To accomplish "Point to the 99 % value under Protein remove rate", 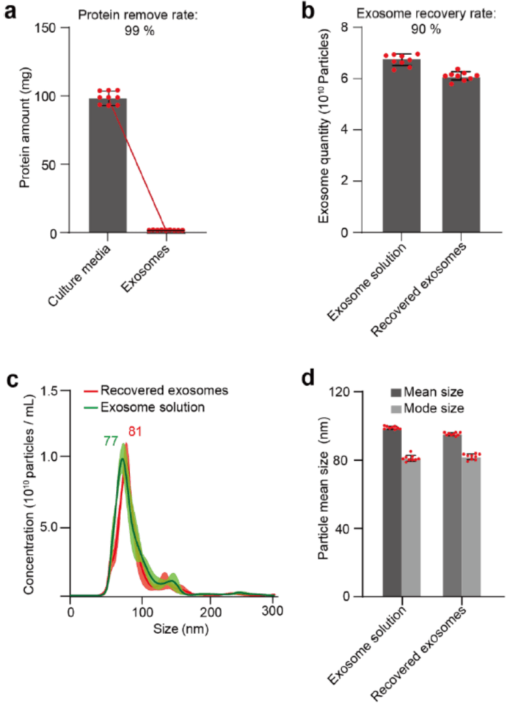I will coord(140,31).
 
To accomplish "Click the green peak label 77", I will coord(111,441).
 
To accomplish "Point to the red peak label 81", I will coord(136,431).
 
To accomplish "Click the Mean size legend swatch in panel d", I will coord(395,393).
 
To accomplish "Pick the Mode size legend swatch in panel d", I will coord(395,409).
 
